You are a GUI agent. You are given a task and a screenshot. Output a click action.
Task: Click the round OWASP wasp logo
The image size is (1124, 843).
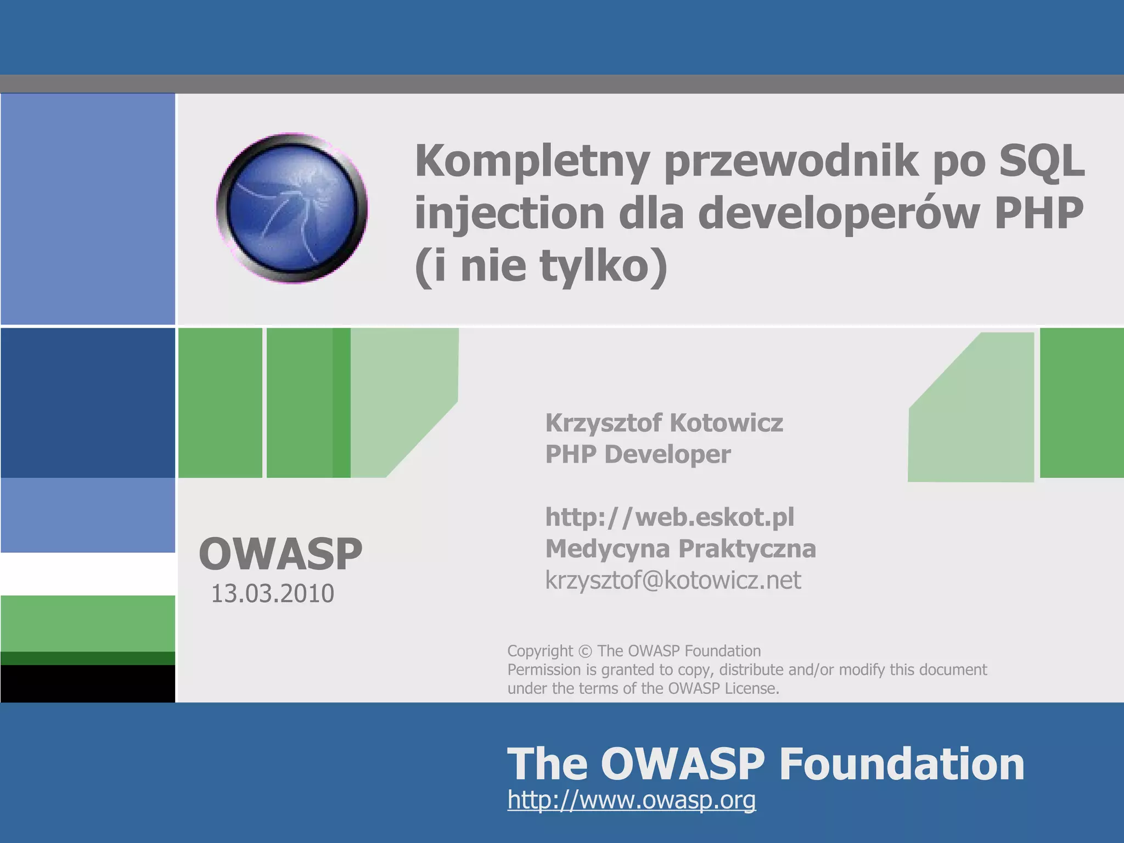pos(291,208)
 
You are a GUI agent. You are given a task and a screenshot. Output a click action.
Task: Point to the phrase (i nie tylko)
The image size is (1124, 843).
pos(541,266)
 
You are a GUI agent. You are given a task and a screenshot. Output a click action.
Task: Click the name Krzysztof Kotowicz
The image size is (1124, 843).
pos(664,423)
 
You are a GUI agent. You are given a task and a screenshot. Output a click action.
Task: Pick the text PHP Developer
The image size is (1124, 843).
pos(638,454)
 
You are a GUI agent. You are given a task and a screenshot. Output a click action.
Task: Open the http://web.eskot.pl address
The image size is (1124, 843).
pos(669,517)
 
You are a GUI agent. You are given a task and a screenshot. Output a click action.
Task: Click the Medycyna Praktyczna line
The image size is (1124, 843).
pos(680,548)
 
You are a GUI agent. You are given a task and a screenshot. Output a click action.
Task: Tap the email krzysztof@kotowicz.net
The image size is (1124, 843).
pos(673,580)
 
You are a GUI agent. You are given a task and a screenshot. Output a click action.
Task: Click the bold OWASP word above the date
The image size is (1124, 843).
pos(280,554)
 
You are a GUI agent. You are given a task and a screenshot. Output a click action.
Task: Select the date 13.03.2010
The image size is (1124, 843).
pos(272,594)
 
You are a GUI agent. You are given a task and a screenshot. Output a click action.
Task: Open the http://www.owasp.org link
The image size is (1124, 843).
pos(631,800)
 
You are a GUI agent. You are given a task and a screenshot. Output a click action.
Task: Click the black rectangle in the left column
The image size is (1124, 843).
pos(88,683)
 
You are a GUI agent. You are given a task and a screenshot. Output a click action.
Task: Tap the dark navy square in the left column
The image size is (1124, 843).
pos(88,402)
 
